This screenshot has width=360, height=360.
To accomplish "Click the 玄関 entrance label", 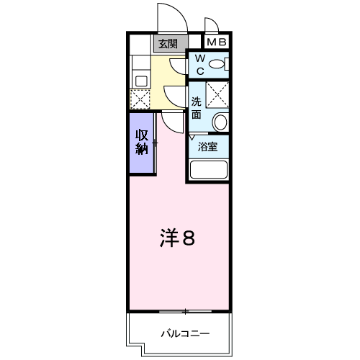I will tap(168, 43).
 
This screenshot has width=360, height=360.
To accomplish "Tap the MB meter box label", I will tap(217, 42).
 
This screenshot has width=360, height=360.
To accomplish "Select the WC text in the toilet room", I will tap(199, 65).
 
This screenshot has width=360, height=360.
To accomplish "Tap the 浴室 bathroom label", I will tap(208, 146).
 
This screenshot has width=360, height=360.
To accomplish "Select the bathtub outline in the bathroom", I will tap(208, 169).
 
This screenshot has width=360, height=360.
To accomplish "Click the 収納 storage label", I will tap(141, 142).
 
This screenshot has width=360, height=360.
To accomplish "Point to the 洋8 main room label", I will tap(177, 238).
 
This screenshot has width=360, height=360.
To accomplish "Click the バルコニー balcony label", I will tap(184, 334).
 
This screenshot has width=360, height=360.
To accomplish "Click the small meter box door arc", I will tap(210, 25).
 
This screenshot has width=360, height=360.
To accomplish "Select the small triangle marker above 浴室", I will tap(192, 137).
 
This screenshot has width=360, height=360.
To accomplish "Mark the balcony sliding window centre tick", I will tap(185, 312).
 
